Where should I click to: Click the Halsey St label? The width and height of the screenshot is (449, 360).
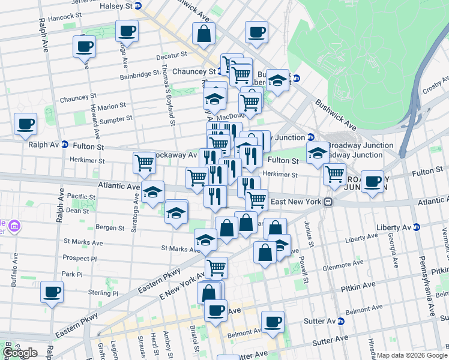[117, 5]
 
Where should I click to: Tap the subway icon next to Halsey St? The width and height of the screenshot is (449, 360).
[138, 5]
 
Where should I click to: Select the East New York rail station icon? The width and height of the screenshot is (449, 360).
[328, 202]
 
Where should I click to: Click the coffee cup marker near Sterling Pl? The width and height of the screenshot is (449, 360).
[52, 292]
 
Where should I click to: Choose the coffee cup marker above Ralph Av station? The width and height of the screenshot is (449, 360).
[25, 124]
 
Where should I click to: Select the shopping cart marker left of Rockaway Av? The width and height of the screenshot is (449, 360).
[145, 163]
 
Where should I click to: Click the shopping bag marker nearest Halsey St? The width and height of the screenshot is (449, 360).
[204, 34]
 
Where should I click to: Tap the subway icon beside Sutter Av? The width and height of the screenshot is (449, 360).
[341, 322]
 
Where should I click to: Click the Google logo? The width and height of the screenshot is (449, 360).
[20, 353]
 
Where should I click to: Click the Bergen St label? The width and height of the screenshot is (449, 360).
[109, 228]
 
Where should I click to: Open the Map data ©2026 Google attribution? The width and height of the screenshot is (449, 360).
[412, 355]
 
